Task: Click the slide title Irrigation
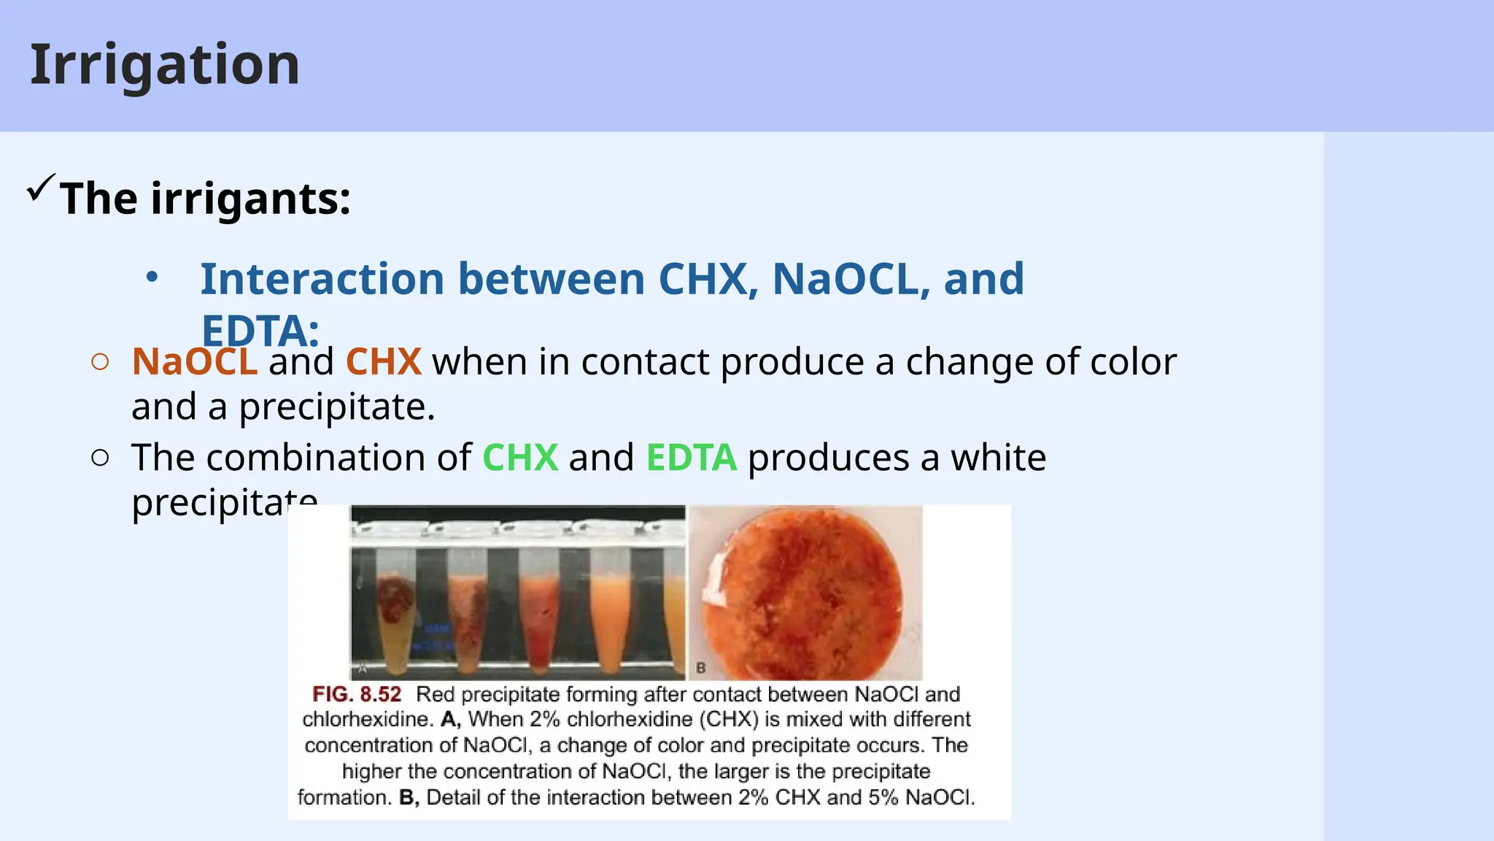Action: pyautogui.click(x=165, y=66)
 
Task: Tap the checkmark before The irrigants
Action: pyautogui.click(x=40, y=188)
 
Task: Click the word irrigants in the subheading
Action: pyautogui.click(x=250, y=199)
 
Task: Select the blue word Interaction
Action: pyautogui.click(x=322, y=280)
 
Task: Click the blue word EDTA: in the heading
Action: pyautogui.click(x=260, y=330)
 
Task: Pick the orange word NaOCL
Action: pyautogui.click(x=194, y=362)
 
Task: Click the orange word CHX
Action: pyautogui.click(x=383, y=362)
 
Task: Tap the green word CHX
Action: pyautogui.click(x=520, y=458)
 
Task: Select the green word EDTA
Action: pyautogui.click(x=691, y=458)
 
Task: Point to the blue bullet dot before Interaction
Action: pyautogui.click(x=152, y=278)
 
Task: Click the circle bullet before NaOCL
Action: pyautogui.click(x=101, y=362)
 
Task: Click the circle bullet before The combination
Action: pyautogui.click(x=101, y=458)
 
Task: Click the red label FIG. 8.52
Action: pyautogui.click(x=357, y=694)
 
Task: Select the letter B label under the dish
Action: pyautogui.click(x=701, y=668)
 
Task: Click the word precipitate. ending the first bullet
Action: pyautogui.click(x=336, y=407)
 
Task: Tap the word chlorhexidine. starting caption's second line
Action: pyautogui.click(x=368, y=720)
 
